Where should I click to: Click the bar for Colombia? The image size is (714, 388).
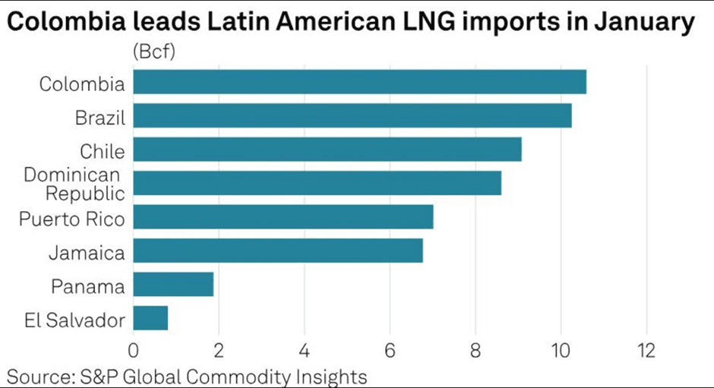click(359, 82)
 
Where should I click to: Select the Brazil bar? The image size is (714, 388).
click(352, 116)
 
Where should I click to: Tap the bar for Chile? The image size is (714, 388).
click(327, 150)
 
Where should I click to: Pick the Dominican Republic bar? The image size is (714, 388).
click(318, 183)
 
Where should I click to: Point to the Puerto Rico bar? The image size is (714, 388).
click(283, 216)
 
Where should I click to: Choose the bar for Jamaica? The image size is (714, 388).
click(278, 251)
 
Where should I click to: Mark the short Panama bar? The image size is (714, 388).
click(173, 285)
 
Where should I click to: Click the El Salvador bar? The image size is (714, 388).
click(150, 318)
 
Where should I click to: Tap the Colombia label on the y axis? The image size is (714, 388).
click(82, 84)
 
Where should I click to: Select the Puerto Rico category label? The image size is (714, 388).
click(72, 219)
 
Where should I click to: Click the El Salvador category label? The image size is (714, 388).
click(74, 320)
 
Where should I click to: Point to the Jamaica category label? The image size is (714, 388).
click(87, 253)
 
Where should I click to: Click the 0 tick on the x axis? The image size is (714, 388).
click(134, 352)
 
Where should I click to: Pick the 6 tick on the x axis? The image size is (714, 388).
click(390, 352)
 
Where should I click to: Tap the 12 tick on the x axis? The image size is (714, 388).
click(646, 352)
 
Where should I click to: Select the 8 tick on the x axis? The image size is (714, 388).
click(475, 352)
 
